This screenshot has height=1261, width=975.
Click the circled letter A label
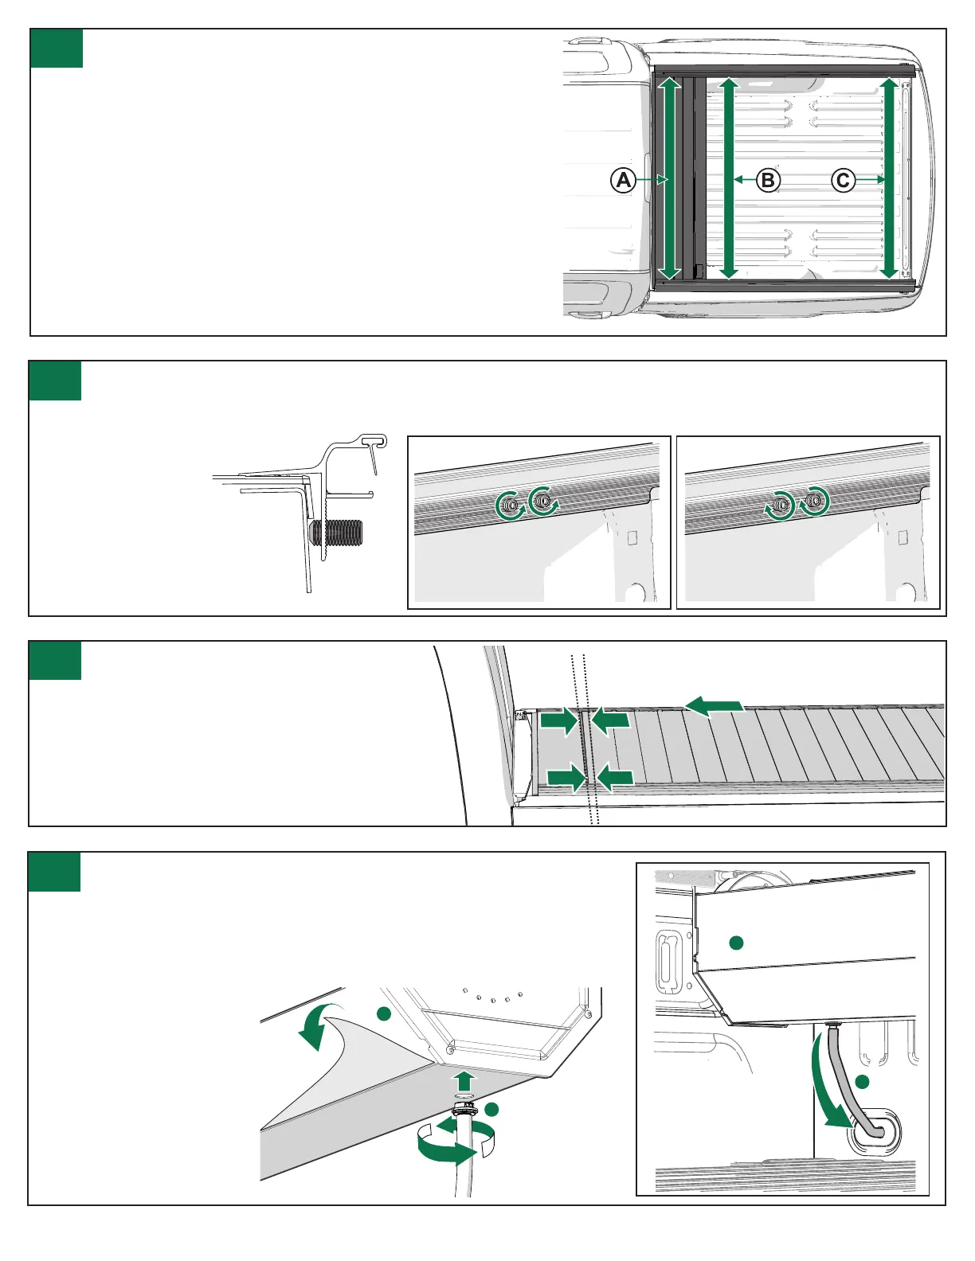pyautogui.click(x=623, y=180)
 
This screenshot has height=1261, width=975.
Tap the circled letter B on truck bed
pyautogui.click(x=767, y=180)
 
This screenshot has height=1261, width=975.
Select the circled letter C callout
pyautogui.click(x=843, y=180)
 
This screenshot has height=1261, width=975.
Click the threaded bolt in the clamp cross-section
pyautogui.click(x=340, y=533)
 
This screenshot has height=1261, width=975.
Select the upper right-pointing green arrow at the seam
pyautogui.click(x=559, y=722)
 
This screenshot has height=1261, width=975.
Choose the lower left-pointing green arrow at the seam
pyautogui.click(x=614, y=778)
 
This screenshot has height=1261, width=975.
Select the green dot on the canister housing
pyautogui.click(x=737, y=943)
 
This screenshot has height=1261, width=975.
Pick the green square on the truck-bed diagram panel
pyautogui.click(x=57, y=49)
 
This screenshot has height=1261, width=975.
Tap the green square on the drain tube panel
pyautogui.click(x=55, y=872)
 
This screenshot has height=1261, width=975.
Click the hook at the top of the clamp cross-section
pyautogui.click(x=374, y=439)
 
